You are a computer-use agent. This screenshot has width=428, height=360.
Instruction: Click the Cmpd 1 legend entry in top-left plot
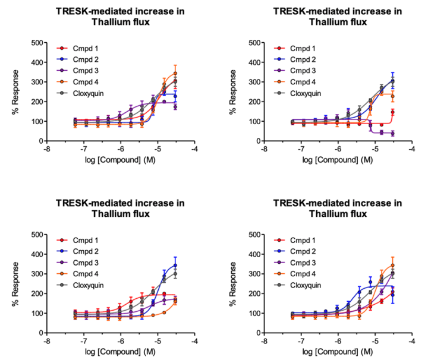click(x=77, y=49)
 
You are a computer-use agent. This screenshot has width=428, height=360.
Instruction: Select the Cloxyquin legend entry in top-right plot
click(x=297, y=93)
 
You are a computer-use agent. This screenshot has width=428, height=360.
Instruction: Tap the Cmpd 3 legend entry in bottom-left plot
click(x=77, y=263)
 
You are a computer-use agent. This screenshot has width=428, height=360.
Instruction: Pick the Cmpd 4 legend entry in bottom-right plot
click(x=294, y=274)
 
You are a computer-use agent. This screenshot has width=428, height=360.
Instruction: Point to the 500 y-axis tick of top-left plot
click(x=37, y=43)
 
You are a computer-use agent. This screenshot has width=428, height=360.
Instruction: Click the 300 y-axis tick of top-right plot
click(x=254, y=82)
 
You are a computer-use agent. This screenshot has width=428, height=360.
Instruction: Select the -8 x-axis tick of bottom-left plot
click(x=47, y=341)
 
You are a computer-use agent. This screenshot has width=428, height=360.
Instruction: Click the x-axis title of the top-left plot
click(x=120, y=160)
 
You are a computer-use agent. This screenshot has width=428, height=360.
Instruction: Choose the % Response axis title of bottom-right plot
click(x=232, y=284)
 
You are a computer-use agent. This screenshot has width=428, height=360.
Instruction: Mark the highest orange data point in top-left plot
click(x=175, y=73)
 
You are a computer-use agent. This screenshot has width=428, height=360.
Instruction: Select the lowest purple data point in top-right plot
click(x=392, y=133)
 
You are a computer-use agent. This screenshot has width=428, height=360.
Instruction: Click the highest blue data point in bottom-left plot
click(x=175, y=265)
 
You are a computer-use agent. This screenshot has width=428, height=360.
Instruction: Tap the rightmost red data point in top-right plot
click(x=392, y=112)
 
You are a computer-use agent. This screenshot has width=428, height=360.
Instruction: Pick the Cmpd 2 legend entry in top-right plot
click(x=294, y=59)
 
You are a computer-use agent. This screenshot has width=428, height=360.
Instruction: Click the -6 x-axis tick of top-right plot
click(x=338, y=149)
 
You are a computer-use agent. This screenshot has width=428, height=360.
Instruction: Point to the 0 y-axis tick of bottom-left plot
click(x=41, y=333)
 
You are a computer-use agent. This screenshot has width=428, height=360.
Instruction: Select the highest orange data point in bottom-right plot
click(x=392, y=265)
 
